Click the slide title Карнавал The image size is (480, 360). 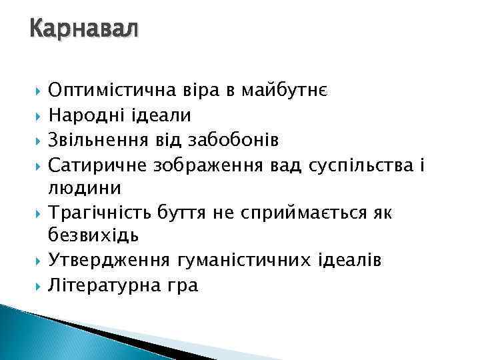click(x=83, y=30)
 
